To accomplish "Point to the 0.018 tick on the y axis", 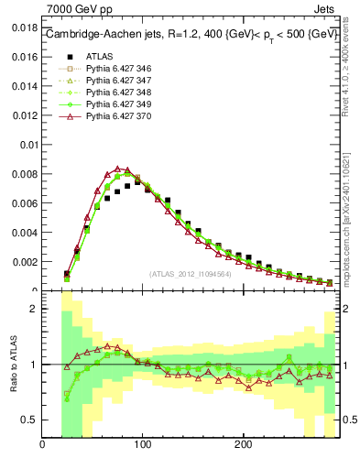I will tap(24, 28).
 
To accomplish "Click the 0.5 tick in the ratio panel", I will tap(29, 420).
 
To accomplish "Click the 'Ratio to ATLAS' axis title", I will tap(11, 365).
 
